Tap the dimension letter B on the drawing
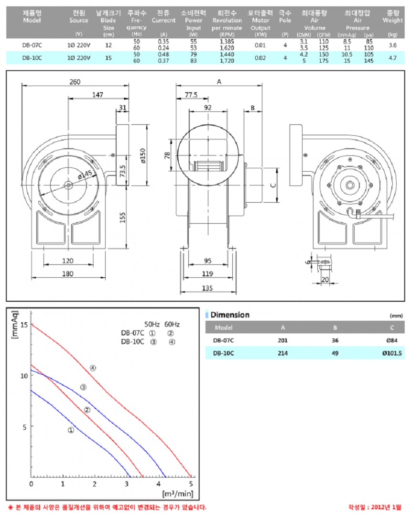(x=252, y=108)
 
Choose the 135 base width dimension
(x=207, y=288)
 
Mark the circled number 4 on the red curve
(x=93, y=368)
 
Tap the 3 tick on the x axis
(x=127, y=484)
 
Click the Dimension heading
(x=230, y=315)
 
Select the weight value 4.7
(x=393, y=57)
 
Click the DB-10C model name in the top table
(x=33, y=57)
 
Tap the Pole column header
(x=285, y=20)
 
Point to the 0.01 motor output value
(x=260, y=45)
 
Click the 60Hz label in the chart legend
(x=172, y=324)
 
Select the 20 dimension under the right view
(x=325, y=280)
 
